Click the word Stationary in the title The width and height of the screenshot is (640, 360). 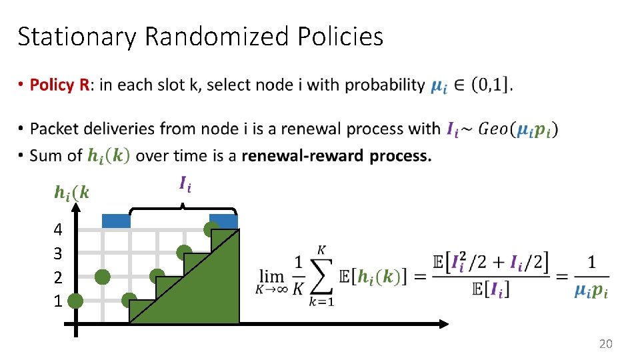(x=77, y=37)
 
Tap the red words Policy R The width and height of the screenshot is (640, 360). (x=59, y=85)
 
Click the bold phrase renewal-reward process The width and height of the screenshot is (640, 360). (x=337, y=155)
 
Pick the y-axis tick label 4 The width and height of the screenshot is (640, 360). (x=58, y=230)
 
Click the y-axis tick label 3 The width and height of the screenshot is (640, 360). (x=58, y=254)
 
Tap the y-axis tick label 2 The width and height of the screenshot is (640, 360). (x=58, y=277)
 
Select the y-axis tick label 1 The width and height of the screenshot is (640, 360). (x=58, y=301)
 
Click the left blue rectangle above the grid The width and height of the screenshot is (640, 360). (x=116, y=221)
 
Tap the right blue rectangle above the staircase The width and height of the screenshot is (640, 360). (x=223, y=221)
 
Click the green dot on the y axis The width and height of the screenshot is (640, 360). (x=75, y=301)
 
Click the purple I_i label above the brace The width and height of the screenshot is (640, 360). (x=185, y=183)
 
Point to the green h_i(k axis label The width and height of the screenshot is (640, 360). (x=71, y=193)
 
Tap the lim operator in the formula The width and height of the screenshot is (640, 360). (x=271, y=275)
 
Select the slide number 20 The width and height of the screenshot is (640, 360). (x=605, y=344)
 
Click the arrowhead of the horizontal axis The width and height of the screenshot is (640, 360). (x=444, y=325)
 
